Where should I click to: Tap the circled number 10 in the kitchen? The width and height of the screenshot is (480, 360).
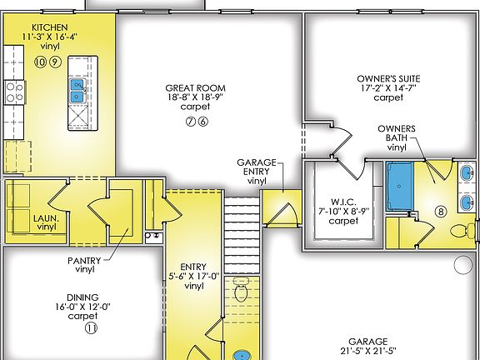pos(40,62)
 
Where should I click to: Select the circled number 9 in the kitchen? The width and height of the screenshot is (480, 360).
pos(54,62)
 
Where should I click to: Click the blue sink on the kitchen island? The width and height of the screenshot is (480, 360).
pos(77,90)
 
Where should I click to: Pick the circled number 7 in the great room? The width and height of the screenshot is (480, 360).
pos(191,122)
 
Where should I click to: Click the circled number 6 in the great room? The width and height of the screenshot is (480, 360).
pos(203,122)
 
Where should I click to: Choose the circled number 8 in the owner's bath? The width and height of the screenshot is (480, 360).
pos(441,212)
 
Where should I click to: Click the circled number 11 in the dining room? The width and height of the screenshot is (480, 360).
pos(90,328)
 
